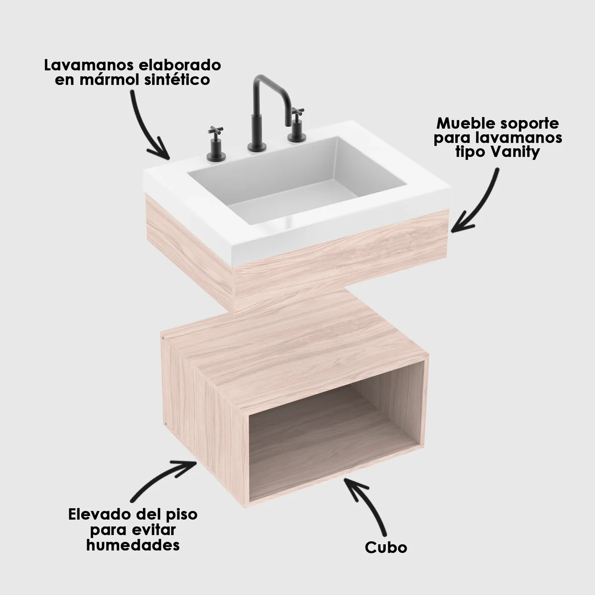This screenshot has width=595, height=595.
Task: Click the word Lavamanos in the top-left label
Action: (x=84, y=65)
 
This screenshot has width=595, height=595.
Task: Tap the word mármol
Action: (x=110, y=80)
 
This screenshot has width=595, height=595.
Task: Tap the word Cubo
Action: (x=386, y=547)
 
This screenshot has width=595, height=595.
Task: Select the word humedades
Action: (x=132, y=545)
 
